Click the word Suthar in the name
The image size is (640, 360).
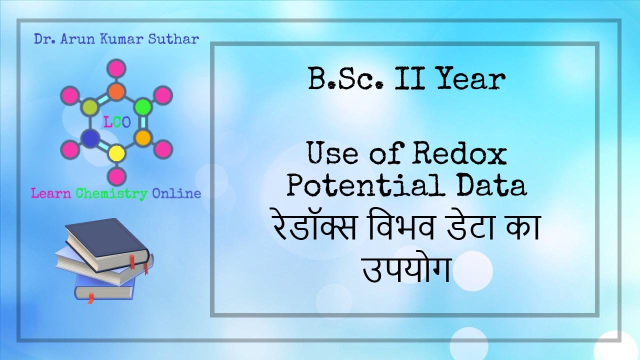pyautogui.click(x=177, y=38)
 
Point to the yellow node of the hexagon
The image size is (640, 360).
pyautogui.click(x=116, y=152)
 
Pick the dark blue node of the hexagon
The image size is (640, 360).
pyautogui.click(x=90, y=137)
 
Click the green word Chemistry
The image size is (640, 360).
pyautogui.click(x=111, y=193)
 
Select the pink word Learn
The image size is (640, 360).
pyautogui.click(x=51, y=193)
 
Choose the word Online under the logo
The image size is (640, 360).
pyautogui.click(x=176, y=193)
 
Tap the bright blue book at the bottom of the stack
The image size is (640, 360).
pyautogui.click(x=105, y=289)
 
